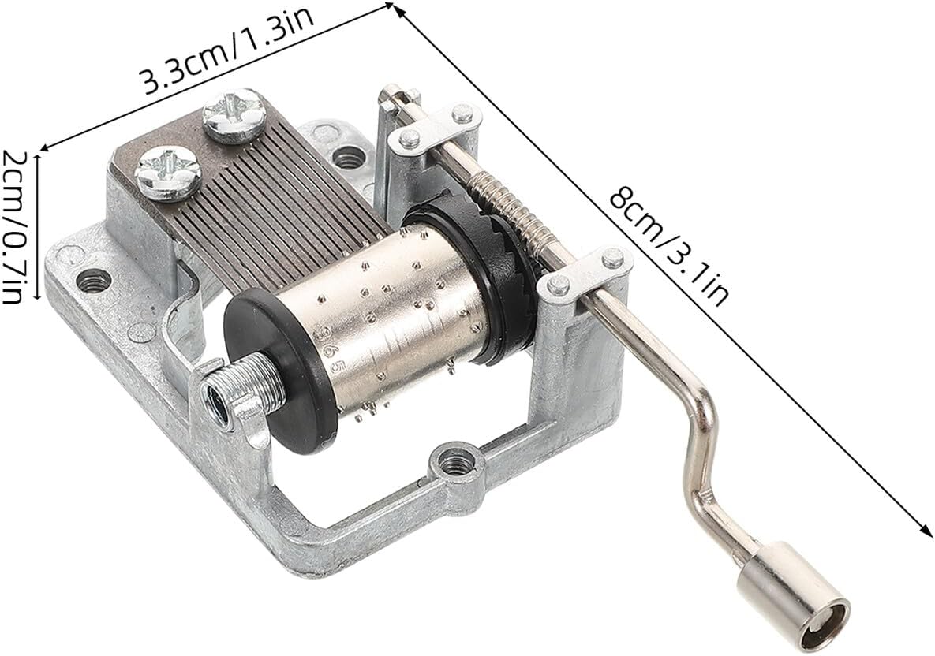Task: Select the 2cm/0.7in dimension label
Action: point(14,225)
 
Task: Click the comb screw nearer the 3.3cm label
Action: point(233,114)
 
